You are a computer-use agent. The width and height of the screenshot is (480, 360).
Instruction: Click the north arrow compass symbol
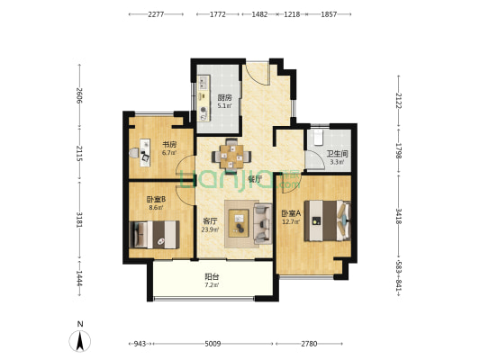coord(80,341)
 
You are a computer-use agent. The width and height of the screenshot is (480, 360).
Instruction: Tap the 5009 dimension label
coord(213,344)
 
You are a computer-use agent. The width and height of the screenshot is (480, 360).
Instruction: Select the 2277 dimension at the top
coord(156,14)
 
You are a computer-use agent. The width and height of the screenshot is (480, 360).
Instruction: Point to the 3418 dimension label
coord(399,216)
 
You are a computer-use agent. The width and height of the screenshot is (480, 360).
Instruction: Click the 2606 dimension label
coord(79,95)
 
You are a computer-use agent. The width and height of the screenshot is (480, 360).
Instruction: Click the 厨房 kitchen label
coord(224,98)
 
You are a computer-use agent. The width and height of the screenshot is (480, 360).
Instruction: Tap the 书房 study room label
coord(169,144)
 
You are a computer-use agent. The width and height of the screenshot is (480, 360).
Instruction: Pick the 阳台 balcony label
coord(212,277)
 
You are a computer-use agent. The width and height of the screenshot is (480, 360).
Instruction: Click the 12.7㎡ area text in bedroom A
coord(291,222)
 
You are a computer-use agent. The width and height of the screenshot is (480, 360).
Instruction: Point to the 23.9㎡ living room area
coord(210,229)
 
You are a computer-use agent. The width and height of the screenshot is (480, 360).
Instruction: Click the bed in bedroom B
coord(154,235)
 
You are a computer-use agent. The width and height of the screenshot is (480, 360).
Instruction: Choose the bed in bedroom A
coord(327,220)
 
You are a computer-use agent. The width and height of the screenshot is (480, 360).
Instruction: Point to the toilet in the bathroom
coord(319,138)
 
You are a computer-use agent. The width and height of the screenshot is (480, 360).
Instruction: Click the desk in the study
coord(145,153)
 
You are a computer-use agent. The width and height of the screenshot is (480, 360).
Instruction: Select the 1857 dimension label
coord(329,14)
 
